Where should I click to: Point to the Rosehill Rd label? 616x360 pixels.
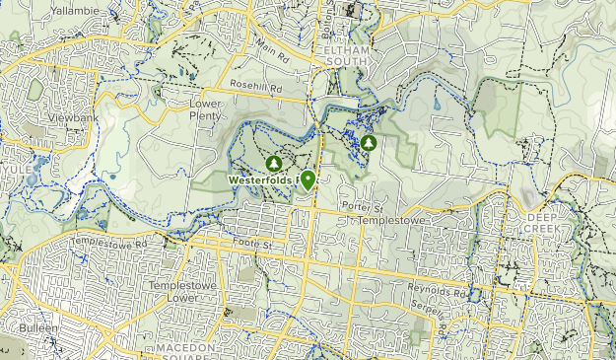(x=256, y=88)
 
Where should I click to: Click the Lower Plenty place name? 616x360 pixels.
(x=207, y=109)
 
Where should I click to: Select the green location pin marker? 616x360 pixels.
(x=308, y=180)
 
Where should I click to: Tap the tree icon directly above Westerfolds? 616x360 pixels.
(x=273, y=162)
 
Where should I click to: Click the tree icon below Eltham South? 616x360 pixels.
(x=369, y=143)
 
